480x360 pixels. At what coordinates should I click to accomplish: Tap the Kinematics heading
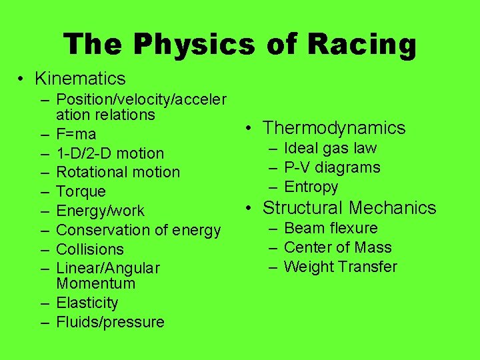[x=80, y=79]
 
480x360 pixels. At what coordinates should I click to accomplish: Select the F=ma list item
[x=76, y=134]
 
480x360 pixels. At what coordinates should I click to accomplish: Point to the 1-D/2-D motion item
[x=110, y=153]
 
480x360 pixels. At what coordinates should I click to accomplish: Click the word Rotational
[x=89, y=172]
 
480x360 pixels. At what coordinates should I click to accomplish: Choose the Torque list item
[x=81, y=191]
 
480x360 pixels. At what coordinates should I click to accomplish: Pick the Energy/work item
[x=100, y=211]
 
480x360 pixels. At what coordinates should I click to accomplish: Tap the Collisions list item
[x=90, y=249]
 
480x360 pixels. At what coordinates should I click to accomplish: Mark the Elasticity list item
[x=87, y=303]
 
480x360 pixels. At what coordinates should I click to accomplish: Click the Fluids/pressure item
[x=110, y=322]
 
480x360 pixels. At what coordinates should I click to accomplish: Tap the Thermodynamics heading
[x=334, y=127]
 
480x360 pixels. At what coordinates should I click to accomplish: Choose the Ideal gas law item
[x=330, y=148]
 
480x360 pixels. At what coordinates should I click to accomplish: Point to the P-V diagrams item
[x=332, y=167]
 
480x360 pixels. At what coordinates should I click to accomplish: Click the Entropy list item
[x=311, y=187]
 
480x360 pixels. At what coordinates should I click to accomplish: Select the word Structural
[x=303, y=207]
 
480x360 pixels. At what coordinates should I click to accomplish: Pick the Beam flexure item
[x=331, y=228]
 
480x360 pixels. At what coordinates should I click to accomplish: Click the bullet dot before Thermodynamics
[x=247, y=128]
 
